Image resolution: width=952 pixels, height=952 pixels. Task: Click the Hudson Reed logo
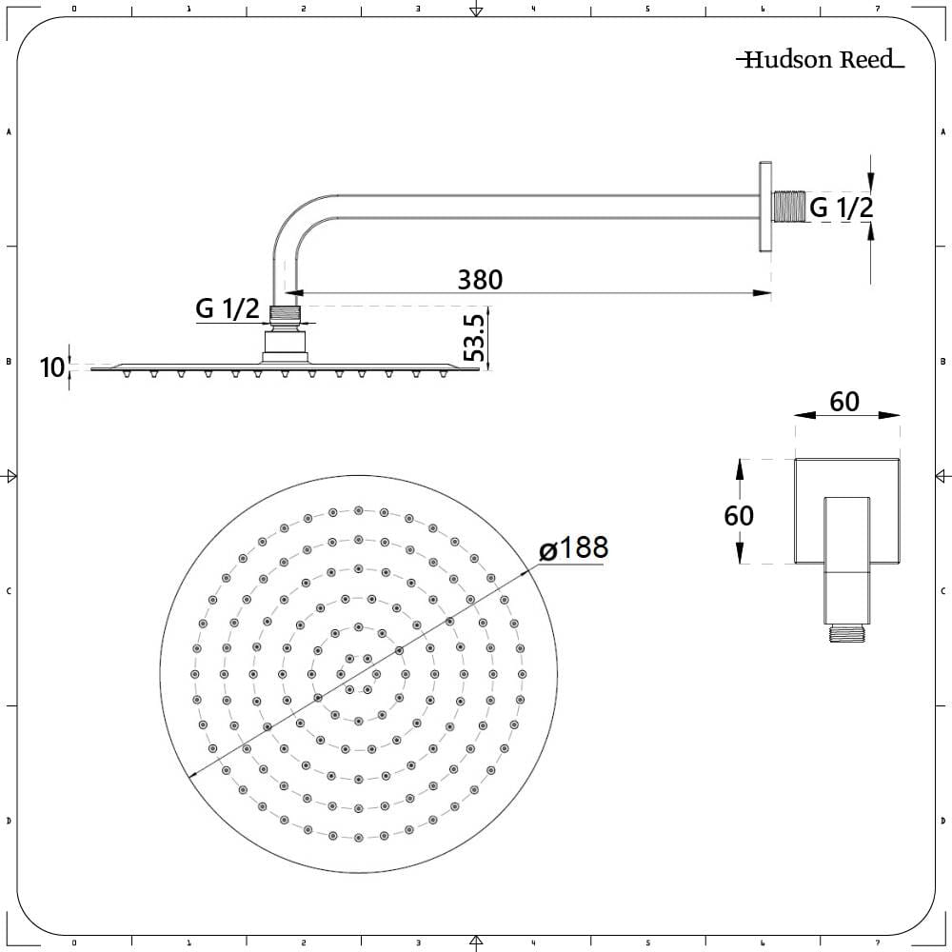tap(819, 60)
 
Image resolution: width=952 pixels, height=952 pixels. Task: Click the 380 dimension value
tap(480, 279)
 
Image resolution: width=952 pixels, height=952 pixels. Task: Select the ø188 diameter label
tap(573, 549)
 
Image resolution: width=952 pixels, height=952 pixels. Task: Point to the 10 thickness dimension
tap(53, 367)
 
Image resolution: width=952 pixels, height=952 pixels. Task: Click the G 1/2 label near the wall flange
tap(841, 207)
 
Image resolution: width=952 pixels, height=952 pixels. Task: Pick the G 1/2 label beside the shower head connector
tap(228, 308)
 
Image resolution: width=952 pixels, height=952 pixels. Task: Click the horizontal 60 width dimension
tap(843, 402)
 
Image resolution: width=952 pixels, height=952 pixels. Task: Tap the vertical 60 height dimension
tap(739, 515)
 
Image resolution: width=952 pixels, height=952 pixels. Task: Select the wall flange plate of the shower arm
tap(764, 207)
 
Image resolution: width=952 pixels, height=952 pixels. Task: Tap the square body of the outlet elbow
tap(833, 512)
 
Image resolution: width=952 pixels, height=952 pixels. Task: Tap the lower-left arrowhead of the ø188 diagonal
tap(194, 774)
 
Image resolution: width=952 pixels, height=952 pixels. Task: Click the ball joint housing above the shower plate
tap(286, 345)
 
